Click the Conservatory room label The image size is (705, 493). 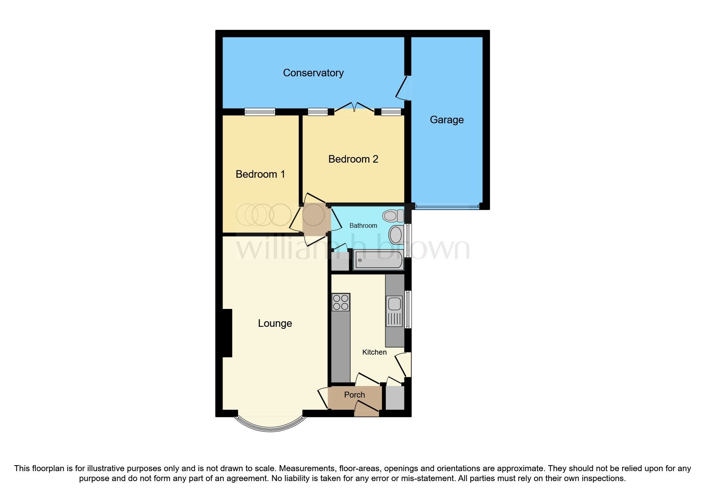(x=313, y=73)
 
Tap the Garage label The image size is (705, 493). (x=447, y=120)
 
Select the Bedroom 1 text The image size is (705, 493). (x=260, y=174)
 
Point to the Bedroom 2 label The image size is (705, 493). (x=353, y=159)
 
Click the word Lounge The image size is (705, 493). (x=275, y=323)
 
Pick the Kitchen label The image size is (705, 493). (x=374, y=352)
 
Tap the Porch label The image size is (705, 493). (x=354, y=395)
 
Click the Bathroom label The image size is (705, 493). (x=363, y=225)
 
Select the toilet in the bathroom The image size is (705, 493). (x=393, y=216)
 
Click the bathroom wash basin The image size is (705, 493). (x=396, y=235)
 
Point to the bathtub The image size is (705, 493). (x=378, y=260)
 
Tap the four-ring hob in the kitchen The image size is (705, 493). (x=341, y=302)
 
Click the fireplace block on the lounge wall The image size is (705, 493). (x=227, y=333)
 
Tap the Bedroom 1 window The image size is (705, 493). (x=260, y=112)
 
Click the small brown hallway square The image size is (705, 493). (x=314, y=219)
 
